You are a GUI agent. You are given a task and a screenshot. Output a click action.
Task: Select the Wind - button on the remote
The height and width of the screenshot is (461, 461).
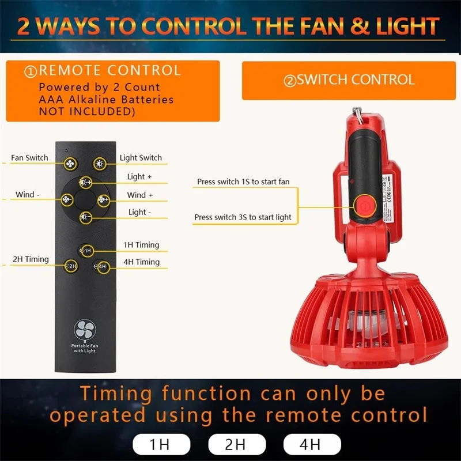[x=67, y=200]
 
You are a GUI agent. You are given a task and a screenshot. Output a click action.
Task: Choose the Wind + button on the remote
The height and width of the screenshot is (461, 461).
[x=104, y=200]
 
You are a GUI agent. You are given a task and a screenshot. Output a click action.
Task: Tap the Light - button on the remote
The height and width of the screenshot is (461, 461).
[x=85, y=217]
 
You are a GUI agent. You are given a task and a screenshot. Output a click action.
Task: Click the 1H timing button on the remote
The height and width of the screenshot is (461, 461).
[x=85, y=251]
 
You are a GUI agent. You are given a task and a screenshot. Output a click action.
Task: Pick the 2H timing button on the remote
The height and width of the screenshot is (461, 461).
[x=71, y=266]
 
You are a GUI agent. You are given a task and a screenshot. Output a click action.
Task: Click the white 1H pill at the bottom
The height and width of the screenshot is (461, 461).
[x=161, y=444]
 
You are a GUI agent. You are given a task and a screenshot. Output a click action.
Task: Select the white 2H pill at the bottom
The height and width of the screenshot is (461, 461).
[x=236, y=444]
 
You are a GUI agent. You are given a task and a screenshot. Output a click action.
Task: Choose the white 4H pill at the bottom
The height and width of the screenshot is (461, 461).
[x=312, y=444]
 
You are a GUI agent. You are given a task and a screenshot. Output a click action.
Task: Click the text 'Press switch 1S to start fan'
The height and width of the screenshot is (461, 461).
[x=243, y=182]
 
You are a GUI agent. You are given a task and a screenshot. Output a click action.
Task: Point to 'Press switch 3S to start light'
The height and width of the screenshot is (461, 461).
[x=243, y=217]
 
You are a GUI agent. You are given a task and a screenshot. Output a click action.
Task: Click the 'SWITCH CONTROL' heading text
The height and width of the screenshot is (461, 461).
[x=349, y=80]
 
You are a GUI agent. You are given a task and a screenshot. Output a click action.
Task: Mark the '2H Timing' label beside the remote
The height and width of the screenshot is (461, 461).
[x=31, y=259]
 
